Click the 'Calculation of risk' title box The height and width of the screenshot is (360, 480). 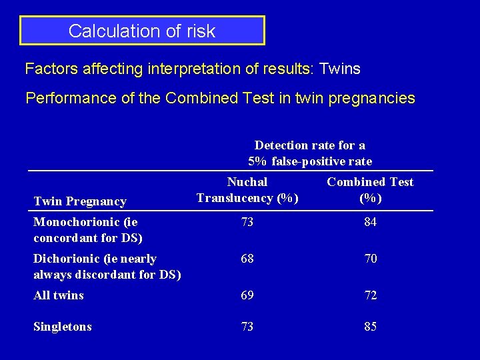[x=142, y=31]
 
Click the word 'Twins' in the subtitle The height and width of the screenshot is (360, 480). [x=340, y=69]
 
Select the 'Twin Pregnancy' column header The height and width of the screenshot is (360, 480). [x=79, y=201]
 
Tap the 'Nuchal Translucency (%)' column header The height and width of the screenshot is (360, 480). [x=247, y=190]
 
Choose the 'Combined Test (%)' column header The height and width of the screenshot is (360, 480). [x=370, y=190]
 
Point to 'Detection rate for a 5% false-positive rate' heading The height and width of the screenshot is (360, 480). [x=310, y=153]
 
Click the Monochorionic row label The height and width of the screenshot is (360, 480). [x=88, y=230]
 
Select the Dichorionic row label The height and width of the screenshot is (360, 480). [x=107, y=267]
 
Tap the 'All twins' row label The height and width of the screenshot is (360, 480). [x=59, y=295]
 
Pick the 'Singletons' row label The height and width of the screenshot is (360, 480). [x=63, y=327]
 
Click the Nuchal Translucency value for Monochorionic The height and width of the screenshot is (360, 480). [x=247, y=223]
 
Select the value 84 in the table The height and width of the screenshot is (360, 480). [x=370, y=223]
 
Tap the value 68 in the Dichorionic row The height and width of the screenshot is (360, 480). [x=247, y=259]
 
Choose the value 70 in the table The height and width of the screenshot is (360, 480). [x=370, y=259]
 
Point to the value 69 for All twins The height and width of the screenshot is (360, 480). [x=247, y=295]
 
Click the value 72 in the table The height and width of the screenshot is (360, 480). [x=370, y=295]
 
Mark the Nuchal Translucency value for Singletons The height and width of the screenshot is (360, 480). [x=247, y=327]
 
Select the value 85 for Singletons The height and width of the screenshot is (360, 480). [x=370, y=327]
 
